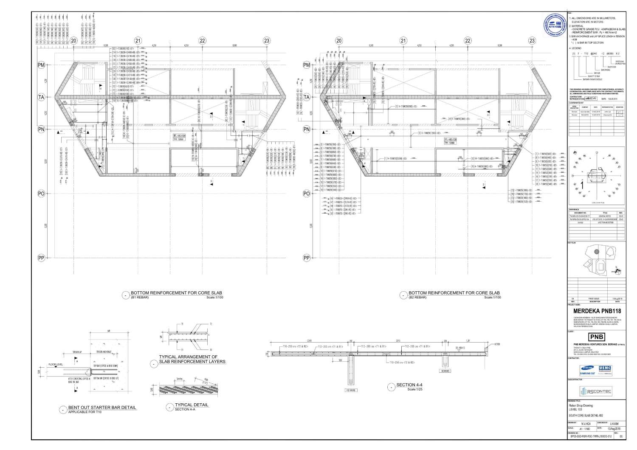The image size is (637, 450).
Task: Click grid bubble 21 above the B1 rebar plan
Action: point(138,41)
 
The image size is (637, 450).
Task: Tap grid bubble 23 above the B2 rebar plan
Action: point(532,41)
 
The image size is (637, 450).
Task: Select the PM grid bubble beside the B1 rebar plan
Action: point(42,65)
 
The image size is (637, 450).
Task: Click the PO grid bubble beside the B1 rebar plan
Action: point(42,194)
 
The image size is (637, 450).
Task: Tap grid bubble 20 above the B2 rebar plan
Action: point(339,41)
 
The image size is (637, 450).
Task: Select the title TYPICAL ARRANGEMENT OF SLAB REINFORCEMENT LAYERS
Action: point(192,359)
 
